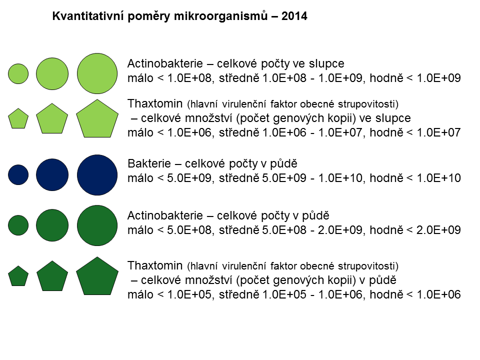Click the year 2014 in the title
(294, 16)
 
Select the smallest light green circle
(18, 74)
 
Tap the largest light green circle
(97, 73)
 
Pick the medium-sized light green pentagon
(52, 119)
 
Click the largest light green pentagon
(97, 119)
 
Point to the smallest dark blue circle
(18, 175)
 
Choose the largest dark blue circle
(97, 175)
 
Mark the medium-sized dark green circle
(52, 225)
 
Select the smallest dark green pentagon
(18, 276)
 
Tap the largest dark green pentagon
(97, 276)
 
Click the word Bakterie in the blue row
(149, 163)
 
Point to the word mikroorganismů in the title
(220, 16)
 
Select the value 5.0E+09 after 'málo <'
(189, 178)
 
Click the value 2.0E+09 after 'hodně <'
(438, 230)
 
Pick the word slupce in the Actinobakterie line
(326, 64)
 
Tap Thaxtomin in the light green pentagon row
(155, 103)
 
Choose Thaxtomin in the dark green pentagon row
(155, 265)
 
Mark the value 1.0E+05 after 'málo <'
(189, 294)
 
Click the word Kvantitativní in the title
(88, 16)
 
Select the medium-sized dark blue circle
(52, 175)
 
